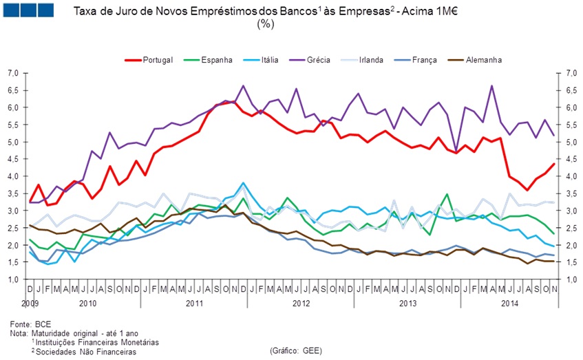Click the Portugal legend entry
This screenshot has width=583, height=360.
153,60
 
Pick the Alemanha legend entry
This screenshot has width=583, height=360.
483,60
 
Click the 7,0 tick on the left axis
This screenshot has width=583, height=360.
13,73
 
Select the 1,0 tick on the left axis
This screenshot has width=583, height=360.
13,279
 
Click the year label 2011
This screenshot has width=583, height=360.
194,302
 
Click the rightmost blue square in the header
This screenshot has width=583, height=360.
45,10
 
